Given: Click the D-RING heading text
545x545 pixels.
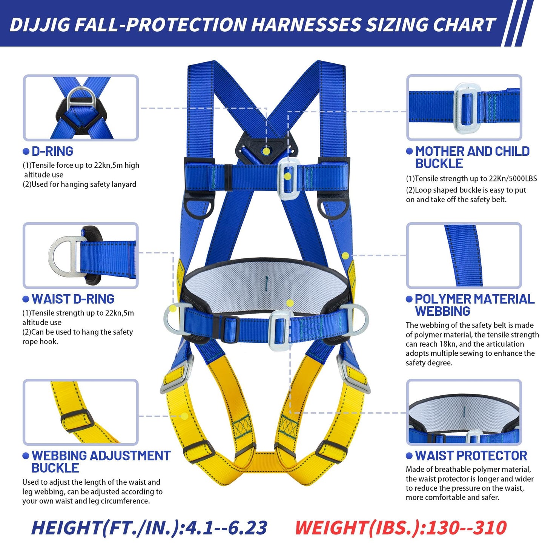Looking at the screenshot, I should pos(52,152).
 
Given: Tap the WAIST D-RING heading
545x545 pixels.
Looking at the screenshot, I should pos(73,299).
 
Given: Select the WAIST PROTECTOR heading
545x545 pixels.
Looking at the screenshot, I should pos(471,456).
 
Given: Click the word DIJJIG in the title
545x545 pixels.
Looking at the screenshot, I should pos(40,25).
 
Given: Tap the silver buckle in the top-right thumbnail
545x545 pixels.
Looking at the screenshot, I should pos(467,109).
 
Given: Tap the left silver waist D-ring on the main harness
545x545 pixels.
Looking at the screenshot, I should pos(173,319).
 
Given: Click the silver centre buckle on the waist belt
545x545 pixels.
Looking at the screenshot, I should pos(280,330).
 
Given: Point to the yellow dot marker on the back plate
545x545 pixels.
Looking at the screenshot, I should pos(266,152).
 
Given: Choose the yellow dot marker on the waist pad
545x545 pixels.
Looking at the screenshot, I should pos(290,303).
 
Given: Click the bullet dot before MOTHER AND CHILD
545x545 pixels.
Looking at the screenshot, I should pos(409,151).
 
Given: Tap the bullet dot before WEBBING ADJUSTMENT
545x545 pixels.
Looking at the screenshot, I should pos(26,456).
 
